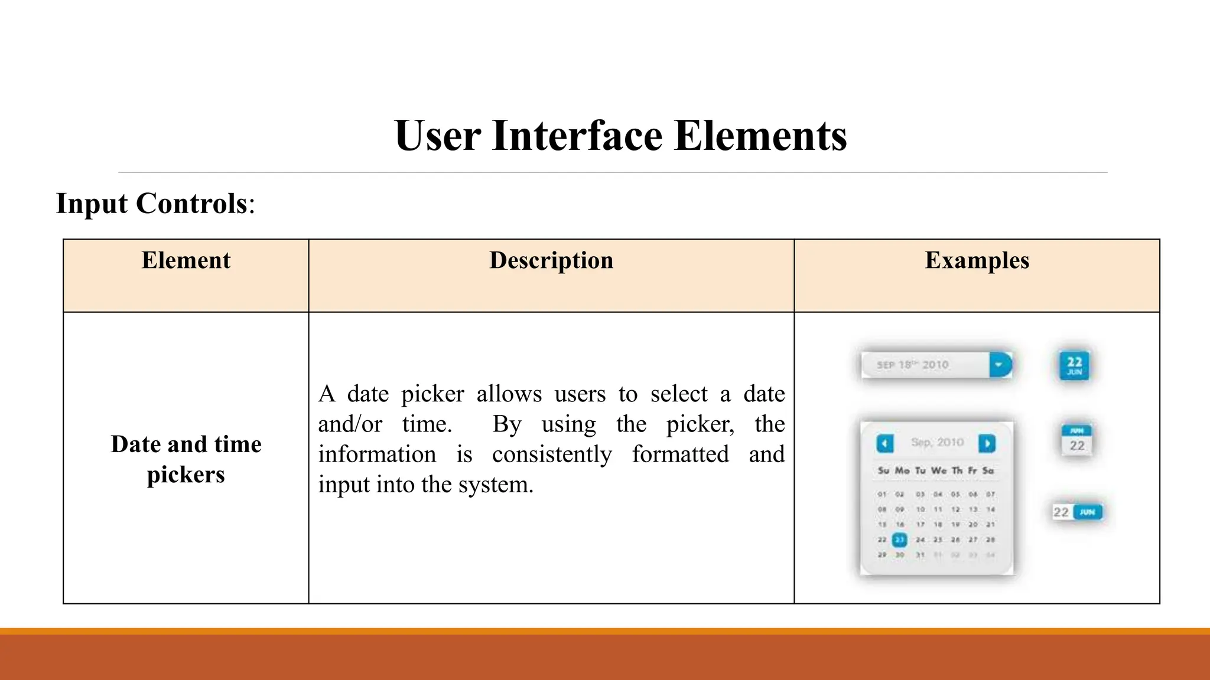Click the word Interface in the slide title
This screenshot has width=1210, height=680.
pos(577,136)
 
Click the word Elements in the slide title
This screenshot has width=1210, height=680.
pos(760,136)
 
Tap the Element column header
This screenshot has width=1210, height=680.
pos(186,261)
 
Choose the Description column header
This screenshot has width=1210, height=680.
pos(551,261)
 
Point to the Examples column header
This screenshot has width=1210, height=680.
pos(977,261)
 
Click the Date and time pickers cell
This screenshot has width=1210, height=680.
pos(186,459)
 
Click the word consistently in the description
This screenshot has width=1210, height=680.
pos(551,455)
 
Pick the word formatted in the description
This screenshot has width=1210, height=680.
pos(680,455)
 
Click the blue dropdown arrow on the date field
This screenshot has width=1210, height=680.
pos(1000,365)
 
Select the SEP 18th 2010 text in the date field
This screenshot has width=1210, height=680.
pos(912,365)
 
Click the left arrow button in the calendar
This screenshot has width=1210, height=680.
pos(884,443)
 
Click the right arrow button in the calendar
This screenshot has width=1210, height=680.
pos(987,443)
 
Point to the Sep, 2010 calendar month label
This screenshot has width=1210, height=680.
pos(937,442)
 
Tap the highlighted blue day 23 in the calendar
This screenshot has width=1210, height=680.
pos(899,540)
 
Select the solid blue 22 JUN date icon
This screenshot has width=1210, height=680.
pos(1074,365)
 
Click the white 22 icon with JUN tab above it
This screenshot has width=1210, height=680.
pos(1076,440)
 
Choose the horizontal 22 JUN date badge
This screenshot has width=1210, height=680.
pos(1076,512)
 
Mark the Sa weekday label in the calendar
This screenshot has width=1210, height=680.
pos(988,470)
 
